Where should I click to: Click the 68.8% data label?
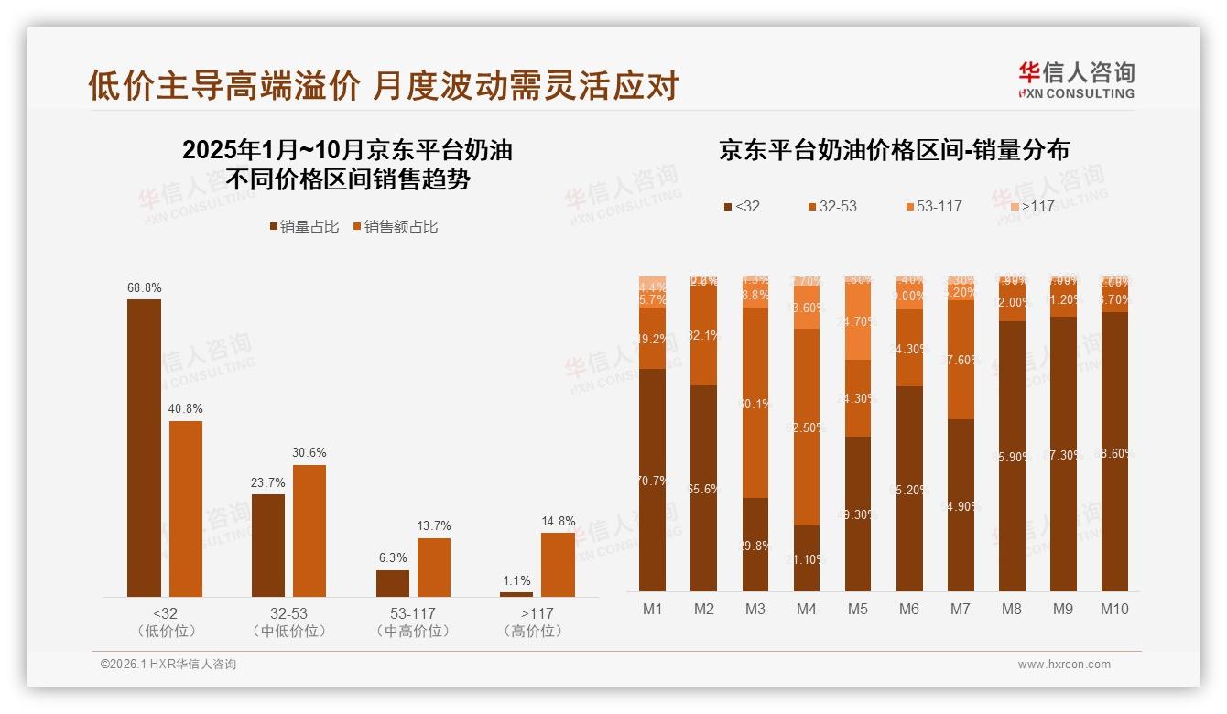coord(144,288)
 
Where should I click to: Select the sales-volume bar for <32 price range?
coord(144,448)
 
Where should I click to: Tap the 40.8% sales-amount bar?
coord(186,508)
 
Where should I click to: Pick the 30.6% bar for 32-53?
coord(309,531)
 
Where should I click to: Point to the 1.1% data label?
coord(516,580)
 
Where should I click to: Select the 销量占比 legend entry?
coord(306,227)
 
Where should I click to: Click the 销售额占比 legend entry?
coord(395,227)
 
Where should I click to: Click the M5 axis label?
coord(858,610)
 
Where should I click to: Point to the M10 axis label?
coord(1114,610)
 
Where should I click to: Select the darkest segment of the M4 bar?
coord(807,558)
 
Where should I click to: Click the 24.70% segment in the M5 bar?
coord(858,320)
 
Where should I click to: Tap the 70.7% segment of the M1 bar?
coord(653,480)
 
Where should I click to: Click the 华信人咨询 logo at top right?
coord(1076,80)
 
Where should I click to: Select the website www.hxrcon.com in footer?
coord(1064,665)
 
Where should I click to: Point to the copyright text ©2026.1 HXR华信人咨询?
coord(168,665)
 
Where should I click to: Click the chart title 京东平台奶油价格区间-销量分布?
coord(894,150)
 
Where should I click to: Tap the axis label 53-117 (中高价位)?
coord(413,622)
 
